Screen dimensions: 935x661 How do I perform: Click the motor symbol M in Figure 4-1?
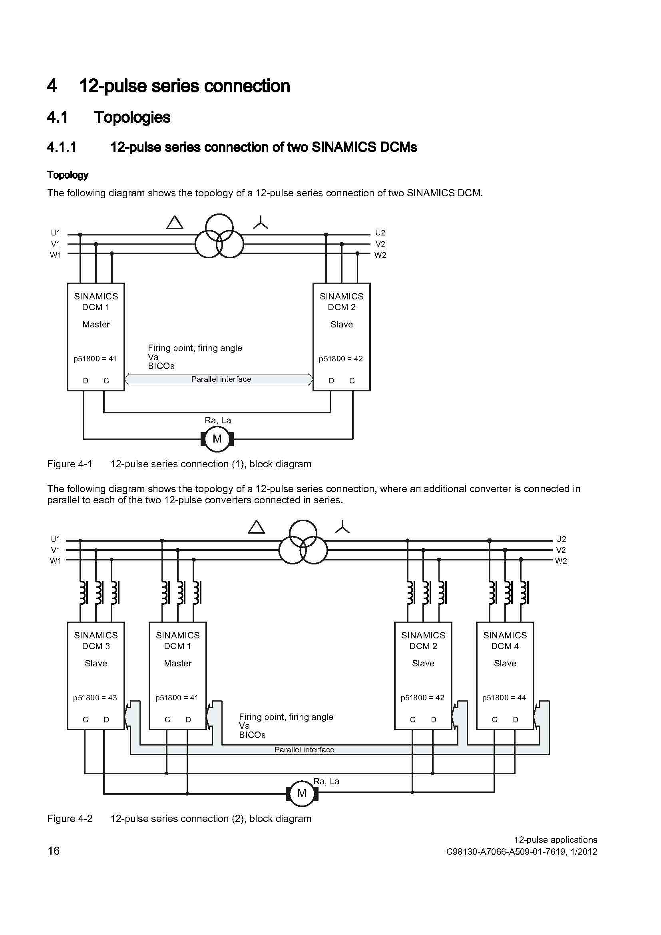tap(217, 439)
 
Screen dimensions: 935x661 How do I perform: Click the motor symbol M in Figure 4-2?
tap(302, 793)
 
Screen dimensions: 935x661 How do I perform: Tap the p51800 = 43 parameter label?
tap(95, 698)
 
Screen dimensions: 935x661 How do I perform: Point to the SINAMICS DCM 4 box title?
tap(505, 640)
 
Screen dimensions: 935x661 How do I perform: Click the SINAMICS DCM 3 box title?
tap(96, 640)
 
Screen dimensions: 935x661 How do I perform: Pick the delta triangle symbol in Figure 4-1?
tap(175, 223)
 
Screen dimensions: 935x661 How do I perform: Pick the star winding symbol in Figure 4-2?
tap(342, 527)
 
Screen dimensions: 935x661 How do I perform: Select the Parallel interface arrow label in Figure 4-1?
tap(221, 379)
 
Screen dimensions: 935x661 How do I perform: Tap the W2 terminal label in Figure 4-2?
tap(561, 561)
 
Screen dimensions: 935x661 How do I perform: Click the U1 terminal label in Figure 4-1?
tap(56, 233)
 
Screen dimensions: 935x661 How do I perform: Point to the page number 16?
tap(53, 851)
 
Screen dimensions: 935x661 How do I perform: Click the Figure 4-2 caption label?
tap(70, 819)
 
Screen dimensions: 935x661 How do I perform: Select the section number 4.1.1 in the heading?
tap(62, 147)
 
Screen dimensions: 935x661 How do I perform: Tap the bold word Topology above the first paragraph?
tap(68, 175)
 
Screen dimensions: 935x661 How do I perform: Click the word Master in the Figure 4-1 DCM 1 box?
tap(96, 324)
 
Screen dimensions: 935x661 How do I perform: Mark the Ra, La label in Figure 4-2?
tap(326, 781)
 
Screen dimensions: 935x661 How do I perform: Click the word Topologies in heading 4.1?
tap(132, 117)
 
